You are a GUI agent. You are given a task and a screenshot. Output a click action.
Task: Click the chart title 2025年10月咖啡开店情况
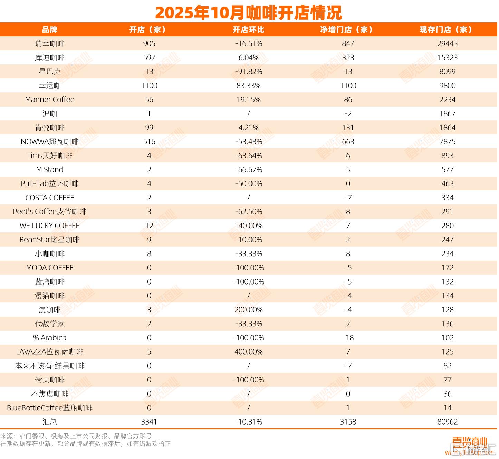[249, 12]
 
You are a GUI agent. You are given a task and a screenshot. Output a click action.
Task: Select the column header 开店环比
[248, 30]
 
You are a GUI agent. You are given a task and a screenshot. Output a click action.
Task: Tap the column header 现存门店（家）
[447, 30]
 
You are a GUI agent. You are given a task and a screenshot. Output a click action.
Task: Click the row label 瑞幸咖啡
[50, 43]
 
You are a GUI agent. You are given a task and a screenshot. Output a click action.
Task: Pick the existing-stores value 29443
[447, 43]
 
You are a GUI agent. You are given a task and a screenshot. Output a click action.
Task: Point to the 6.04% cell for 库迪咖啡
[248, 58]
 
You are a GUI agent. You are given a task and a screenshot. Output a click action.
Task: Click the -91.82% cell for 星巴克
[248, 71]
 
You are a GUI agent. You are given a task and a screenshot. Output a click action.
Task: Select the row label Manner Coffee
[50, 100]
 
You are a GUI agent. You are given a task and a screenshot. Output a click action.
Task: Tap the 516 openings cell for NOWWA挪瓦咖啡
[149, 142]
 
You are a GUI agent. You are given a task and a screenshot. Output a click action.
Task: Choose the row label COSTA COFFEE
[50, 198]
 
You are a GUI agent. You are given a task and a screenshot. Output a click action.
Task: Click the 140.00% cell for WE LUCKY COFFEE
[248, 226]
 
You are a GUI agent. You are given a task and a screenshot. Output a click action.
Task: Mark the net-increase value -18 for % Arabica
[348, 338]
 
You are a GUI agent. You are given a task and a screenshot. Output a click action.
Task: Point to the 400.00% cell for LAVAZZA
[248, 352]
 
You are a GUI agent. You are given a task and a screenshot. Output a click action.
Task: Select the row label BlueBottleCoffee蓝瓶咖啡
[50, 408]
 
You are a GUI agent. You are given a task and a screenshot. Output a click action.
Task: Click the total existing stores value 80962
[447, 422]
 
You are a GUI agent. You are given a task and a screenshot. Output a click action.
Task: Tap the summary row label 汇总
[50, 422]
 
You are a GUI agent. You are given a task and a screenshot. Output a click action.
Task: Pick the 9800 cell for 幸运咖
[447, 86]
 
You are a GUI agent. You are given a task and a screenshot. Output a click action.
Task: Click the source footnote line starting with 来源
[76, 436]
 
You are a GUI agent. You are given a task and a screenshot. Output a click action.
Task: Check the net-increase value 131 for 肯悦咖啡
[348, 128]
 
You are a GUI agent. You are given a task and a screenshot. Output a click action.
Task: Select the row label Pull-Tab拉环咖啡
[50, 183]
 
